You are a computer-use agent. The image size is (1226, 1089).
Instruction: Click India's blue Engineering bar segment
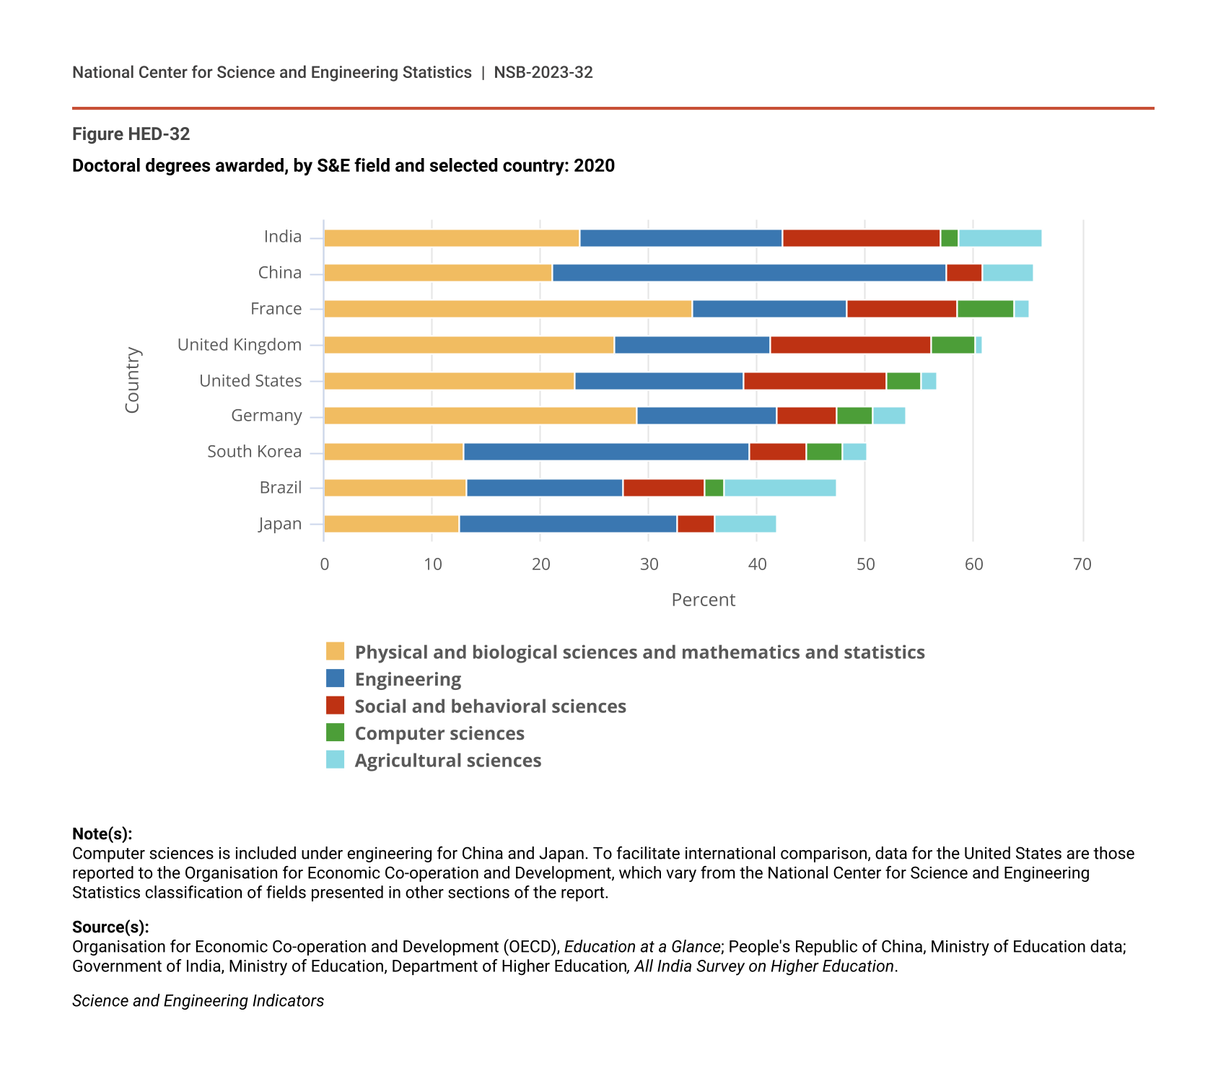coord(680,238)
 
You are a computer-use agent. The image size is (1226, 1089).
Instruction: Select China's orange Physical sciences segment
coord(437,273)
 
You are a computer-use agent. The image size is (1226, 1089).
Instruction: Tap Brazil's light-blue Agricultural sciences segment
coord(780,488)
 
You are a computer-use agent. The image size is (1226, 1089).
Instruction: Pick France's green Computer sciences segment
coord(985,309)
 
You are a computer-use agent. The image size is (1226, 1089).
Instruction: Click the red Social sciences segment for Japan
coord(696,524)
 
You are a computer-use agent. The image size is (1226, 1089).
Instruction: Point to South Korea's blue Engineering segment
coord(606,452)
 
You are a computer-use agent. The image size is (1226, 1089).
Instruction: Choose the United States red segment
coord(815,381)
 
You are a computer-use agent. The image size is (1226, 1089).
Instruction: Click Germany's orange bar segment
coord(480,416)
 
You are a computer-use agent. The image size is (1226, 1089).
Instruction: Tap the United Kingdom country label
coord(240,345)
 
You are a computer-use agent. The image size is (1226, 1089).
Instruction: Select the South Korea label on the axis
coord(254,452)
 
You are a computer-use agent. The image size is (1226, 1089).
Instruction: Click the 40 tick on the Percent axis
coord(757,564)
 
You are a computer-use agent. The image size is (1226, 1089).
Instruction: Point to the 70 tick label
coord(1082,564)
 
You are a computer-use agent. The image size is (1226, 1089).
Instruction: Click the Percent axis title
coord(703,600)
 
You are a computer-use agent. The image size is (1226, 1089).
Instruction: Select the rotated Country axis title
coord(132,380)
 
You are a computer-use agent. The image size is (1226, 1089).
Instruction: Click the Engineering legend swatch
coord(335,678)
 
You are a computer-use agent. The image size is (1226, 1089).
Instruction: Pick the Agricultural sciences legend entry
coord(447,761)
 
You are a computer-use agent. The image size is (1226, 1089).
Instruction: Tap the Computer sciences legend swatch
coord(335,732)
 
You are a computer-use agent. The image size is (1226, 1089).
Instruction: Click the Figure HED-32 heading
coord(131,134)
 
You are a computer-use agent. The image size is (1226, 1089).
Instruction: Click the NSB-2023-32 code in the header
coord(543,72)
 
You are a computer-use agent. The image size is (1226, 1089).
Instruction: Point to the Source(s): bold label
coord(110,927)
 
